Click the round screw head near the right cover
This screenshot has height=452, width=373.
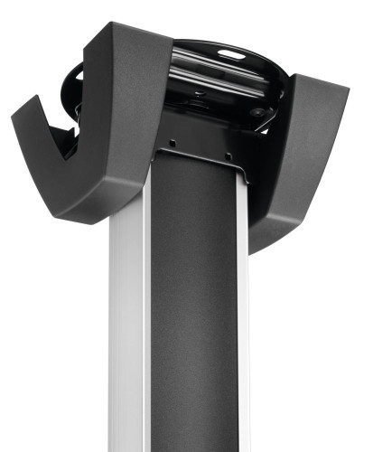[x=259, y=113]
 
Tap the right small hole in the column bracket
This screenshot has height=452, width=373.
[x=228, y=155]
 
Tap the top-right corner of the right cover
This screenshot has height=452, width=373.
[x=348, y=90]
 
